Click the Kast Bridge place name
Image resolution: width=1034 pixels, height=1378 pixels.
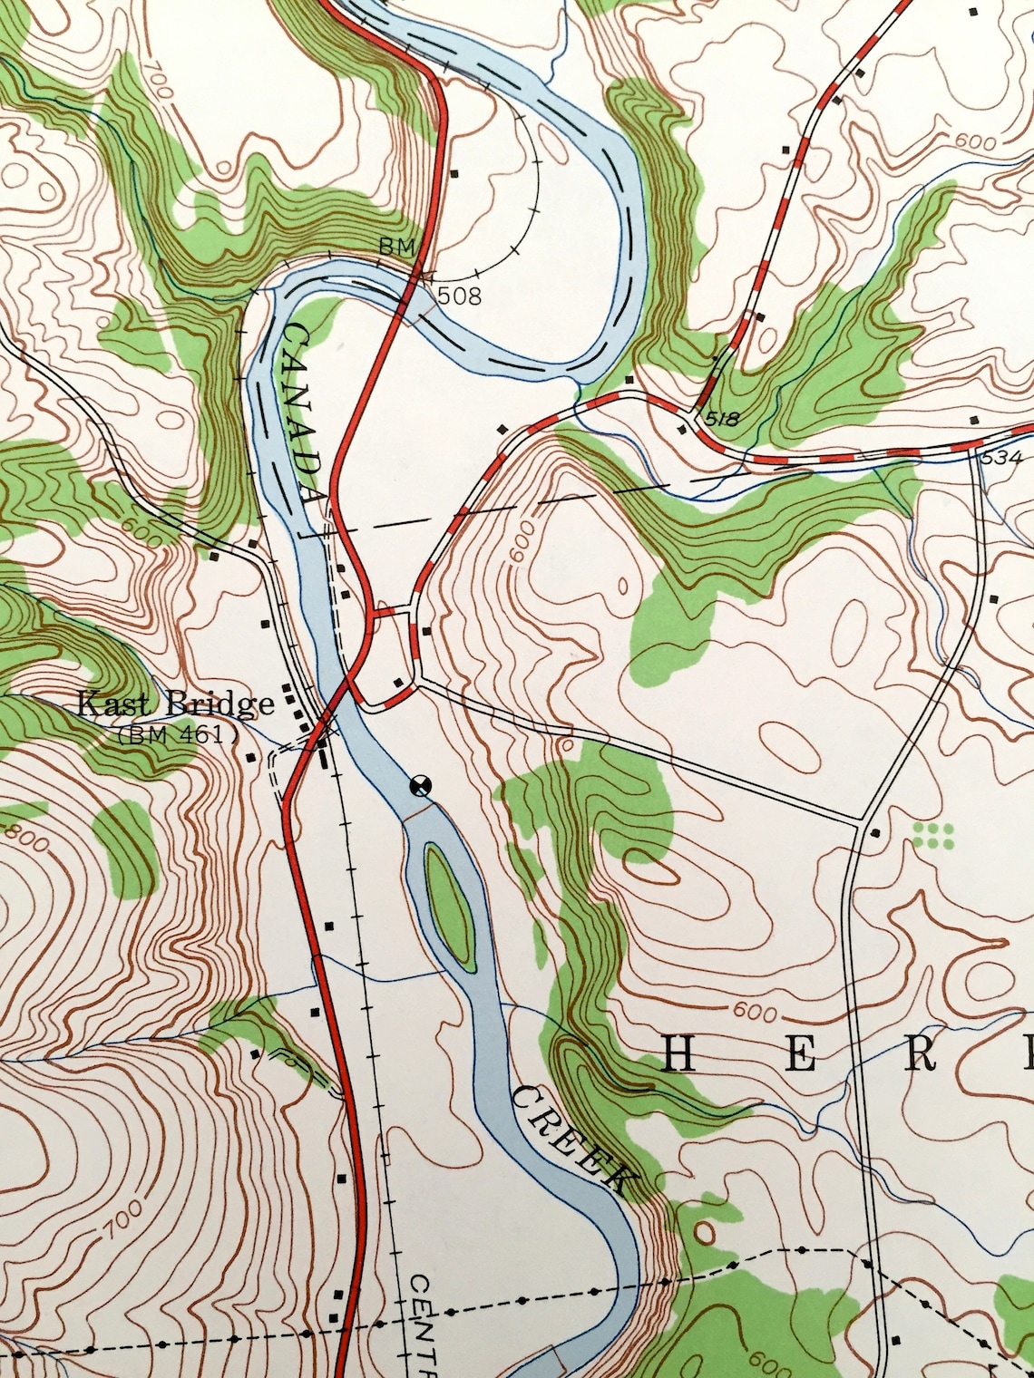click(175, 704)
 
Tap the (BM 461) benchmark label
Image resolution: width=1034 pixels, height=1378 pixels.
click(177, 735)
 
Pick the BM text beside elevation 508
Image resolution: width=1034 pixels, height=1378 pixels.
click(396, 247)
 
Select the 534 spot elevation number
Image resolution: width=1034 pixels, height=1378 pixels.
click(1000, 458)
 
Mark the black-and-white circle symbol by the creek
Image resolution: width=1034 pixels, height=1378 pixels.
click(420, 786)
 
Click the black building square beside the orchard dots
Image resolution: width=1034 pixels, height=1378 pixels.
click(874, 831)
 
